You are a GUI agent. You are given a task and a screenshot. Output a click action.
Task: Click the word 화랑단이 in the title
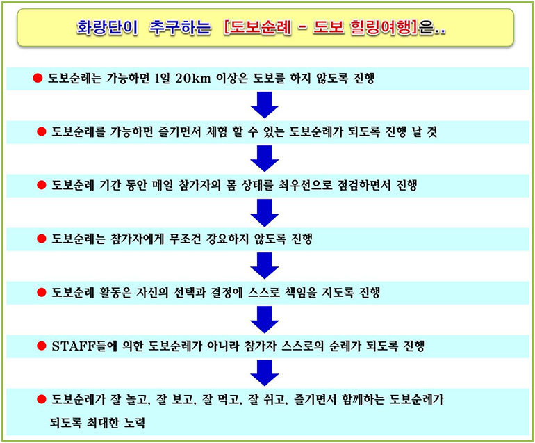coord(107,27)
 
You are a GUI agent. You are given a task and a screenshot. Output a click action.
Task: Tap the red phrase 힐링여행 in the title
coord(382,27)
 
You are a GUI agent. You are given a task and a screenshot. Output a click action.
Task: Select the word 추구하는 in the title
coord(180,27)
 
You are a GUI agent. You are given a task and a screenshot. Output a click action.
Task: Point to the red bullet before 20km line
coord(38,78)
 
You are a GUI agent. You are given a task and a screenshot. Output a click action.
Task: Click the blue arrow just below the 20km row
coord(265,105)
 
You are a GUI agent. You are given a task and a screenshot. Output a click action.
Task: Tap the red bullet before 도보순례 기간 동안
coord(41,185)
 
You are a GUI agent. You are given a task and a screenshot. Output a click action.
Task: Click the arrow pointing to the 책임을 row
coord(265,266)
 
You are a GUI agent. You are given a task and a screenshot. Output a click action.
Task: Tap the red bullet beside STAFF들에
coord(41,346)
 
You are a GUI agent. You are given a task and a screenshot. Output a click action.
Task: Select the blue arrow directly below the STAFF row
coord(265,373)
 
